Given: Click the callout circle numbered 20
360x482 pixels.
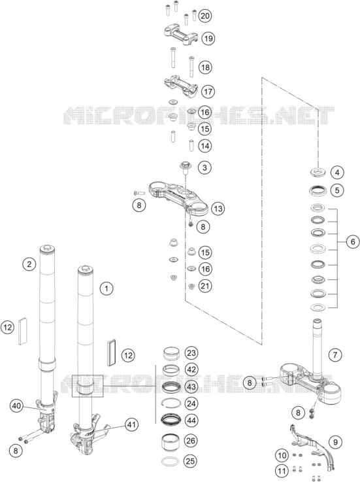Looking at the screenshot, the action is coord(205,16).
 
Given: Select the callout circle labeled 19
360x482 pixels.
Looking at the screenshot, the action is coord(208,39).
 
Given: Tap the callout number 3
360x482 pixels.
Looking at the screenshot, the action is coord(205,167).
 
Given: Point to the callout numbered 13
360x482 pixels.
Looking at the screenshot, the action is coord(218,209).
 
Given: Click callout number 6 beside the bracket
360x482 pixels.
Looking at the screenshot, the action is coord(353,242).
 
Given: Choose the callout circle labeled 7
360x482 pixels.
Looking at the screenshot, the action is coord(335,355).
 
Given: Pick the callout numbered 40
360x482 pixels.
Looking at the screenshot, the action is coord(16,405).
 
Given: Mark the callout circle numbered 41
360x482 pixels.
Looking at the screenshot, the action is coord(131,425).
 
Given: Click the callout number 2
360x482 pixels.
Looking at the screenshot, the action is coord(29,264).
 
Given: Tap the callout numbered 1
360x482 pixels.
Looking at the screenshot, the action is coord(106,288).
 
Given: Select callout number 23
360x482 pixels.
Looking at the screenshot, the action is coord(191,353).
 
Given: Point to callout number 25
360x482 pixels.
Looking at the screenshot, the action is coord(190,461).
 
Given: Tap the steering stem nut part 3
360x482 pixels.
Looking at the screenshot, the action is coord(185,167).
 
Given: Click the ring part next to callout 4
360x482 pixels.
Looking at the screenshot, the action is coord(318,172).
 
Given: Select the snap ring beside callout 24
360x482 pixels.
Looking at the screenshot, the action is coord(170,403).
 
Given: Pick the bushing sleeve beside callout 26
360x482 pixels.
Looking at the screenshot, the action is coord(170,441).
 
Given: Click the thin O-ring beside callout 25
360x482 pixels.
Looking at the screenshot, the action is coord(170,461).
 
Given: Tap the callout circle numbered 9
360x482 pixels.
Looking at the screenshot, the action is coord(335,442).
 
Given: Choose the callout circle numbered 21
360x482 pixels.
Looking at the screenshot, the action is coord(205,286).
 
